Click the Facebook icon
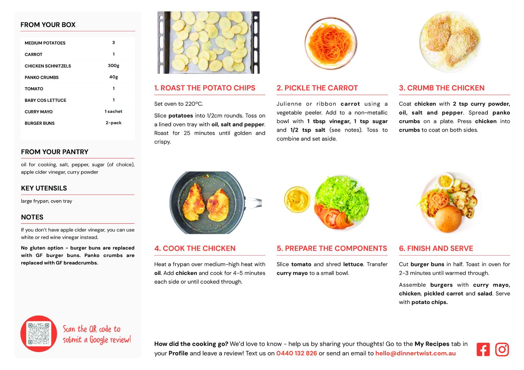[483, 349]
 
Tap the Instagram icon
[502, 349]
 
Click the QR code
[39, 334]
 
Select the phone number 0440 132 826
[297, 353]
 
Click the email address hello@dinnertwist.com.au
[415, 353]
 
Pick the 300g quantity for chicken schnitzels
[114, 66]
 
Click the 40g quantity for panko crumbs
[114, 77]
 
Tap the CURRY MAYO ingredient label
[38, 112]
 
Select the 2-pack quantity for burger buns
[114, 123]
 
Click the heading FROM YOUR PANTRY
[55, 152]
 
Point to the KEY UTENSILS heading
[44, 188]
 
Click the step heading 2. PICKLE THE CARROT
[317, 88]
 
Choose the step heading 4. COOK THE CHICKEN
[195, 248]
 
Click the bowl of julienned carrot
[331, 43]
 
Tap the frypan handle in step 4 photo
[253, 202]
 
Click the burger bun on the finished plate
[448, 219]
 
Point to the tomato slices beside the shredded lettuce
[332, 217]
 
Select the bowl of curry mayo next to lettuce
[297, 200]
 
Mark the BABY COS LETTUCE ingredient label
[46, 100]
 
